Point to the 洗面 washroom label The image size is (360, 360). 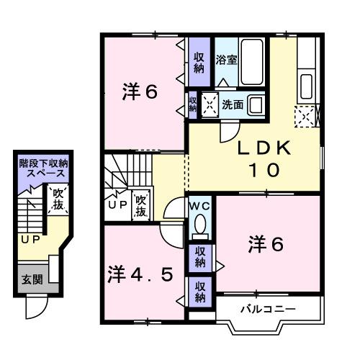coord(233,105)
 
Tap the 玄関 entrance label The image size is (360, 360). coord(31,279)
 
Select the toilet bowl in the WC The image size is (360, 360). coord(201,222)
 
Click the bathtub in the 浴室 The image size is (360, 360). coord(253,56)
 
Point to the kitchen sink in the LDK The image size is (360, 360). coord(307,84)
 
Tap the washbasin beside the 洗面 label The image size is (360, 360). coord(255,105)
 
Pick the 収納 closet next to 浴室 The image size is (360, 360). coord(199,63)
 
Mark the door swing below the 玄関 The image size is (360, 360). coord(35,308)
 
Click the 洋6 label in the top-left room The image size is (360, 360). coord(140,93)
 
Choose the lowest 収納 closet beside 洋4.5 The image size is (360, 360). coord(200,292)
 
